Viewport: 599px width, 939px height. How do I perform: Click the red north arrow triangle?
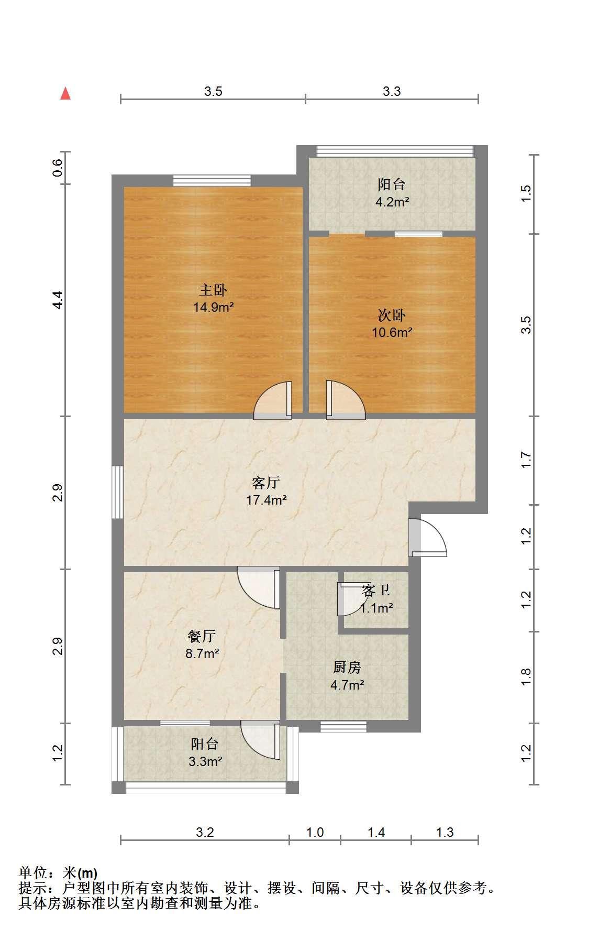[x=65, y=93]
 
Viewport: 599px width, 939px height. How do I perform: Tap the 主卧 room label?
[x=213, y=290]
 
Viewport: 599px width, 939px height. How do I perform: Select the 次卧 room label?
[x=392, y=315]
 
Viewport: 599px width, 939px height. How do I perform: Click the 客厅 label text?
[x=266, y=482]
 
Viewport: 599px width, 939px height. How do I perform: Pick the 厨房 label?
[x=347, y=667]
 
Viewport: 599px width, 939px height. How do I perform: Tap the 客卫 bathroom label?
[x=376, y=591]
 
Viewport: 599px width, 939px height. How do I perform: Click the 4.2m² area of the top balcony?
[x=392, y=202]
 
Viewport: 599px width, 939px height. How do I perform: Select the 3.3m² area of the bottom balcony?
[x=205, y=761]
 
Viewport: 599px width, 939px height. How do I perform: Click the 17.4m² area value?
[x=266, y=500]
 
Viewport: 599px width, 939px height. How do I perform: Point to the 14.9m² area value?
[x=213, y=307]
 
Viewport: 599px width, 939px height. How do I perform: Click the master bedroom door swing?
[x=272, y=400]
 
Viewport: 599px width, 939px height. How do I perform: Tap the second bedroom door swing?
[x=346, y=400]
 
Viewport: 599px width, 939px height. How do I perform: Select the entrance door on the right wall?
[x=427, y=537]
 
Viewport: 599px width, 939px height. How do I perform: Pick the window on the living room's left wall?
[x=118, y=492]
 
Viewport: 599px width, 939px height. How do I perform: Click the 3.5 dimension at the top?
[x=213, y=91]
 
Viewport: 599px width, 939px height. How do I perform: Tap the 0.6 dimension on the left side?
[x=58, y=168]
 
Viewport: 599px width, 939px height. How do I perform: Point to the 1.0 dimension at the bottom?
[x=315, y=832]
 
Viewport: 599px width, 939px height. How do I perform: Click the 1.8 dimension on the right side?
[x=526, y=676]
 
